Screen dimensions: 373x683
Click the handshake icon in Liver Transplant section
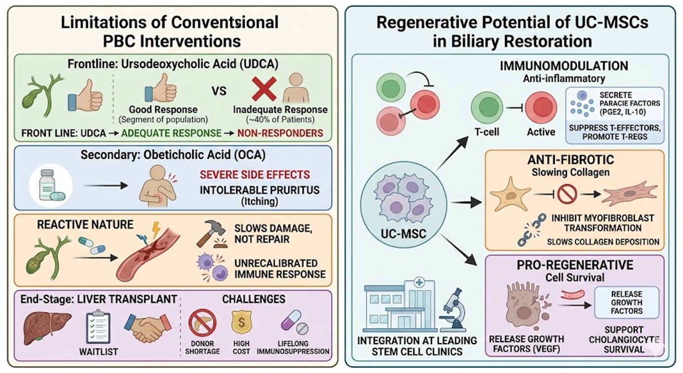(148, 327)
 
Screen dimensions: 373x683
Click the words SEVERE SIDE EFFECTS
(255, 174)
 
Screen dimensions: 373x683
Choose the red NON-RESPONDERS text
(280, 133)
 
